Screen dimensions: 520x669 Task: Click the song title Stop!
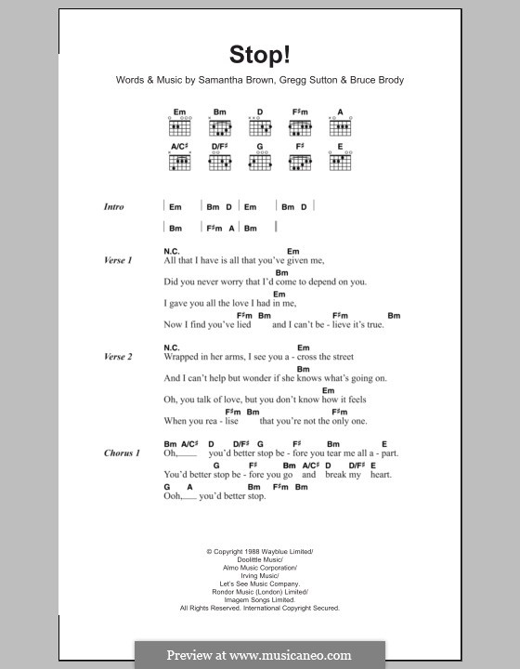click(260, 55)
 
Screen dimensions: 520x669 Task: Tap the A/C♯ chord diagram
click(179, 160)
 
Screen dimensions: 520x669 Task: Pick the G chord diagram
click(260, 160)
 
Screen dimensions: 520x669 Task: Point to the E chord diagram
click(340, 160)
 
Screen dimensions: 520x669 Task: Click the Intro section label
click(113, 207)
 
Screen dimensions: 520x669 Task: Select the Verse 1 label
click(117, 261)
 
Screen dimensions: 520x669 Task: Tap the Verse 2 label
click(117, 357)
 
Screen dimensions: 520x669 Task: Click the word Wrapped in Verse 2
click(183, 357)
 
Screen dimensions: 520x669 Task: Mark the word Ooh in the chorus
click(173, 496)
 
